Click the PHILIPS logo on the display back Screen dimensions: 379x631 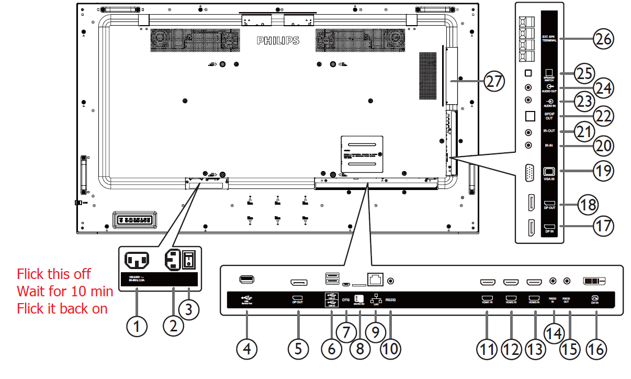point(278,40)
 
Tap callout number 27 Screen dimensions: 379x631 point(494,82)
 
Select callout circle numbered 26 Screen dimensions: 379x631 point(603,38)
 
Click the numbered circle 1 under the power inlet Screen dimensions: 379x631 point(137,327)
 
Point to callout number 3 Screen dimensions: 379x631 point(189,309)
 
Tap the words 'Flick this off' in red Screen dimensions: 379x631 point(54,274)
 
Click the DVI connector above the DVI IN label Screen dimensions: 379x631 point(594,282)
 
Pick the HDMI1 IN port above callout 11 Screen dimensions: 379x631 point(488,283)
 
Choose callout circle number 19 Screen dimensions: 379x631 point(603,171)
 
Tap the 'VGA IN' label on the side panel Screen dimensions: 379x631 point(549,179)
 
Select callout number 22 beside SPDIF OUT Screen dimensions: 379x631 point(603,116)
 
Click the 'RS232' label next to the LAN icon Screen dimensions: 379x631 point(391,300)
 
